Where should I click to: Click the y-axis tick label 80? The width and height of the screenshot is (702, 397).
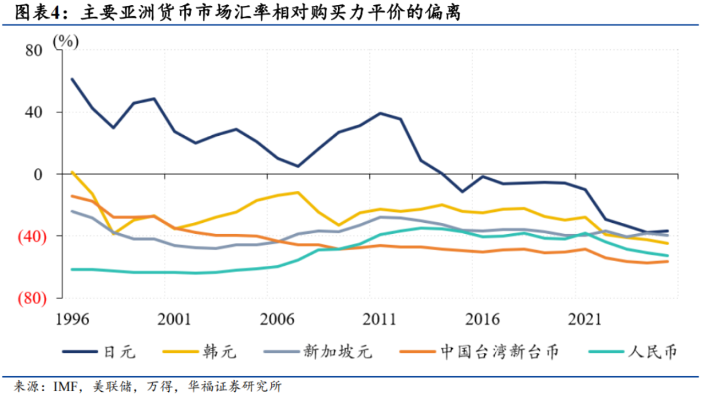pos(34,51)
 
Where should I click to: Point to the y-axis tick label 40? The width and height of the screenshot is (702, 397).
pos(34,112)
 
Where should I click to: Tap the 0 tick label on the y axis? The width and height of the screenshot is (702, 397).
pos(38,175)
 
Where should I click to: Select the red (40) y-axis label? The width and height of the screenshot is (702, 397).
pos(32,237)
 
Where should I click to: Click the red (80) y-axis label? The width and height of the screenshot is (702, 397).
pos(32,298)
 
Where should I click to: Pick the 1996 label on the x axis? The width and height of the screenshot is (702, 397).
pos(72,320)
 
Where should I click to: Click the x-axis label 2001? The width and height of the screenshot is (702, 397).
pos(174,320)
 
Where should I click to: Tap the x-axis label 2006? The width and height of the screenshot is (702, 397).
pos(277,320)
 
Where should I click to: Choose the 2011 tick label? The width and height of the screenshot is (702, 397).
pos(380,320)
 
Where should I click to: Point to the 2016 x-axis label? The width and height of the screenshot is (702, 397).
pos(482,320)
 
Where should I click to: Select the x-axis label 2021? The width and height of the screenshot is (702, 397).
pos(585,320)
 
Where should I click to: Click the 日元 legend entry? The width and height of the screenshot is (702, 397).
pos(99,352)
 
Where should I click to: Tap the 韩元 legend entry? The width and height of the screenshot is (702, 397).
pos(200,352)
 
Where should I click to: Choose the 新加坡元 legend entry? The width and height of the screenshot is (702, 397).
pos(318,352)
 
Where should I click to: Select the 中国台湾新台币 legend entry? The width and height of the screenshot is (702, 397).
pos(480,352)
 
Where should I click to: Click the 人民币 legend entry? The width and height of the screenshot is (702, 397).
pos(633,352)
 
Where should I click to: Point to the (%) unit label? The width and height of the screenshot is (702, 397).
pos(66,42)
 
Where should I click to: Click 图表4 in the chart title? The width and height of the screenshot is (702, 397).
pos(38,12)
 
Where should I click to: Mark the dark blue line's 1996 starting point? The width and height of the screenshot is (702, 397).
pos(72,79)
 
